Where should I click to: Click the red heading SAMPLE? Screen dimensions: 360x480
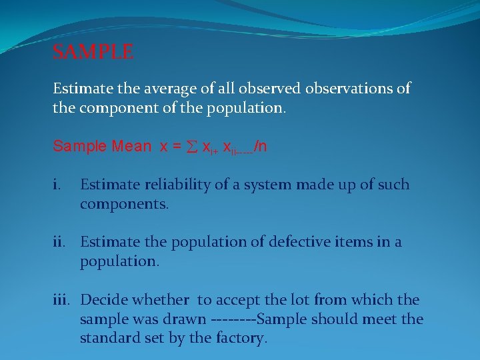[93, 52]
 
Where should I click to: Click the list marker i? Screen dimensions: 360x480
[57, 185]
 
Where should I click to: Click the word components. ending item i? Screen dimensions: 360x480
[125, 204]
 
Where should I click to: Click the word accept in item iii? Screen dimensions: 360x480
[239, 300]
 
